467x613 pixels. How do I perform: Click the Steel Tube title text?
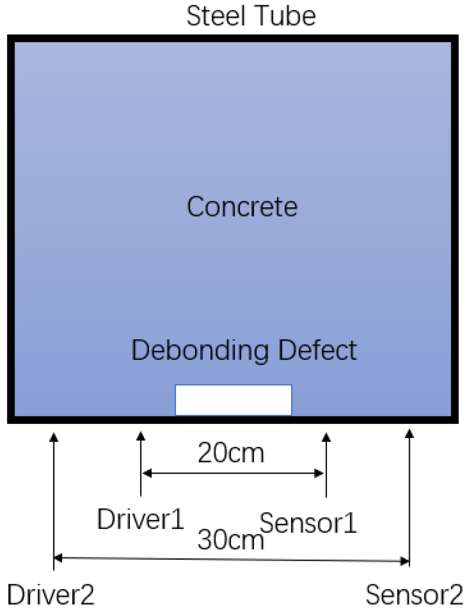(x=251, y=17)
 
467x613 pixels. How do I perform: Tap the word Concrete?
(x=242, y=207)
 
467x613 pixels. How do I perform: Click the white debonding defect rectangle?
(x=233, y=400)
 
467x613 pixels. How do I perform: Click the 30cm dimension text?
(x=231, y=540)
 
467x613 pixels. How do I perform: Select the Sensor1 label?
(x=308, y=522)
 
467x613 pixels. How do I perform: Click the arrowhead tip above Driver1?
(x=141, y=433)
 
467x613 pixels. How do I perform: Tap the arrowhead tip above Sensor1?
(x=326, y=433)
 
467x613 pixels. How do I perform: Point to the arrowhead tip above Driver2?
(x=53, y=433)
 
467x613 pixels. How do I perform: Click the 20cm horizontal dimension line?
(x=232, y=474)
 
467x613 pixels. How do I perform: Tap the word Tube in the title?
(x=289, y=17)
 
